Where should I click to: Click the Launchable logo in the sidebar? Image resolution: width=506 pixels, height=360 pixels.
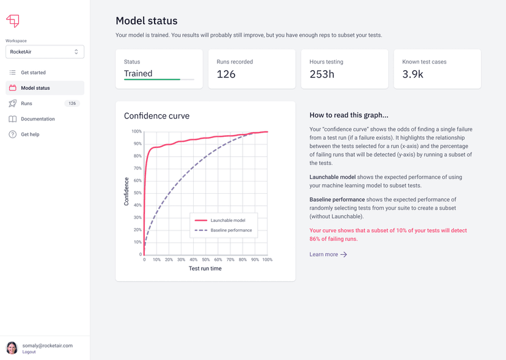pyautogui.click(x=12, y=21)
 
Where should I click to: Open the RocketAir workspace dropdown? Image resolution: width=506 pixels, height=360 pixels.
pyautogui.click(x=45, y=52)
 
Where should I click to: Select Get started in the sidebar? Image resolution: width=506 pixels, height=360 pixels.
pyautogui.click(x=33, y=73)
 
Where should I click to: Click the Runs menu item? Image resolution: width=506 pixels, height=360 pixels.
pyautogui.click(x=26, y=104)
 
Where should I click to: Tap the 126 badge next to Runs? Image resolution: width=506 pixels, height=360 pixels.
pyautogui.click(x=72, y=104)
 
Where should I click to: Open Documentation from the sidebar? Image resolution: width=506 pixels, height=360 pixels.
pyautogui.click(x=38, y=119)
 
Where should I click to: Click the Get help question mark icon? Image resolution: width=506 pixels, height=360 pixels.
pyautogui.click(x=12, y=134)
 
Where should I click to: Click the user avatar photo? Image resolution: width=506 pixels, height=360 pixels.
pyautogui.click(x=12, y=348)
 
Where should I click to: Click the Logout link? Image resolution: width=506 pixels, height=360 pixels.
pyautogui.click(x=29, y=352)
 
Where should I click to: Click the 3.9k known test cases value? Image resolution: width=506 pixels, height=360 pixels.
pyautogui.click(x=413, y=75)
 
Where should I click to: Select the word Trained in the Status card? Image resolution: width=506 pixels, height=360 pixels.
pyautogui.click(x=138, y=73)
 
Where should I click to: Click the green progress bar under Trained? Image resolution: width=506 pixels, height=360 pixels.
pyautogui.click(x=152, y=79)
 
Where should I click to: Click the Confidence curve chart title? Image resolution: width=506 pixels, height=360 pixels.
pyautogui.click(x=156, y=116)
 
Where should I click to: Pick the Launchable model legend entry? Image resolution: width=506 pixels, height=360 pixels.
pyautogui.click(x=227, y=220)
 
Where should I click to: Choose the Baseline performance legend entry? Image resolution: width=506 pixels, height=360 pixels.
pyautogui.click(x=230, y=230)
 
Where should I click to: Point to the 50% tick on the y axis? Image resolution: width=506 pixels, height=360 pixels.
pyautogui.click(x=137, y=193)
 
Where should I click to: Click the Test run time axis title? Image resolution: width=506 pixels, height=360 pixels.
pyautogui.click(x=205, y=268)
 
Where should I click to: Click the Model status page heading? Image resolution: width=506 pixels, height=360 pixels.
pyautogui.click(x=147, y=21)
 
